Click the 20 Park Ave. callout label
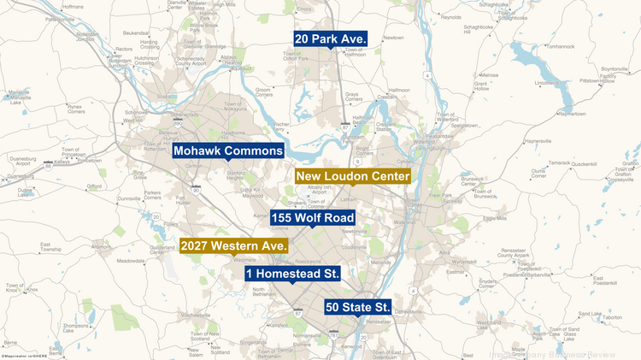(x=330, y=39)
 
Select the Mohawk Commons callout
(x=228, y=151)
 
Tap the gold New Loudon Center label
(x=353, y=176)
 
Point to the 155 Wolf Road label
(x=312, y=217)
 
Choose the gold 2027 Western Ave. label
(x=234, y=245)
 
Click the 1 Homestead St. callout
(x=291, y=274)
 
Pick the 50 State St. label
(x=357, y=306)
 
